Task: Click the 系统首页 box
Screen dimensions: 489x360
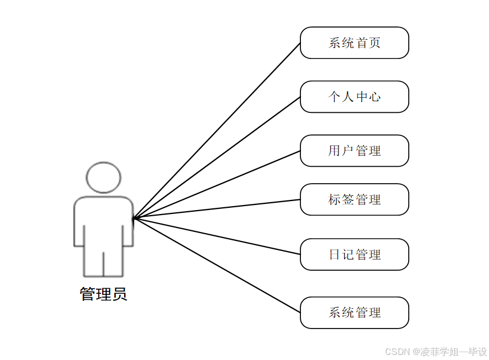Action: pos(354,43)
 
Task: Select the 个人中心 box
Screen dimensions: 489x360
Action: pos(354,97)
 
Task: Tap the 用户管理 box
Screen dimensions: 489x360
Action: pos(354,151)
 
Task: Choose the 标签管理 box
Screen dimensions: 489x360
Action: pos(354,199)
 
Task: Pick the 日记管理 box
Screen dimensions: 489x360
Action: pos(354,254)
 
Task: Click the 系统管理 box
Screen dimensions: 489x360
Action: pos(354,313)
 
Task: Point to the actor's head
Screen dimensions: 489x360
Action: pos(103,177)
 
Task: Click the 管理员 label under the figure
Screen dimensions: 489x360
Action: pos(103,294)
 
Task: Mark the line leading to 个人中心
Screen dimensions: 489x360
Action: pos(217,157)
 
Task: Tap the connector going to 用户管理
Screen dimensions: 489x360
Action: pos(217,184)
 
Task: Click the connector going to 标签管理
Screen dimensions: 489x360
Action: pos(217,209)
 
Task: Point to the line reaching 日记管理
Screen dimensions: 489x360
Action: pos(217,236)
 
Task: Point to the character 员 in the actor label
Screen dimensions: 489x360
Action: pos(120,294)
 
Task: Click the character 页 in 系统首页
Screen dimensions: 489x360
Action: pos(375,43)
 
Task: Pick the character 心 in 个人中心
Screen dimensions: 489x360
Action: pos(375,97)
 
